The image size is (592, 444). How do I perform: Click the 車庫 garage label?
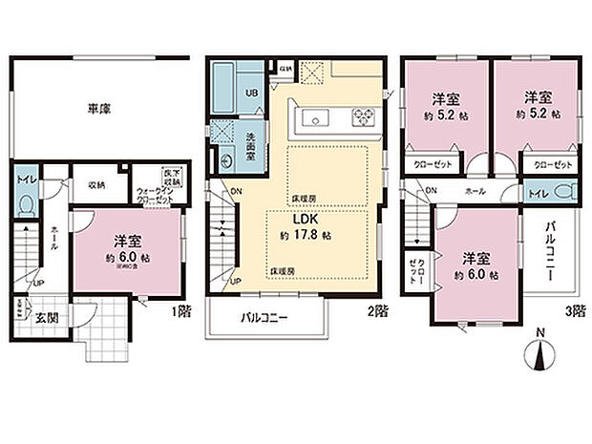point(99,110)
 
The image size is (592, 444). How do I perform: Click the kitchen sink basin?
point(316,118)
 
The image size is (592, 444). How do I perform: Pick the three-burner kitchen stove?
point(364,118)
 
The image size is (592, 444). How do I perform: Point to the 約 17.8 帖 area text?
point(307,234)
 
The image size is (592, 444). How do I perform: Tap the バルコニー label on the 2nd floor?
point(264,319)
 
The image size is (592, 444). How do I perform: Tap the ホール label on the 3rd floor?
point(474,190)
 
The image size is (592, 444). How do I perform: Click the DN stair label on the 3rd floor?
point(432,190)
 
